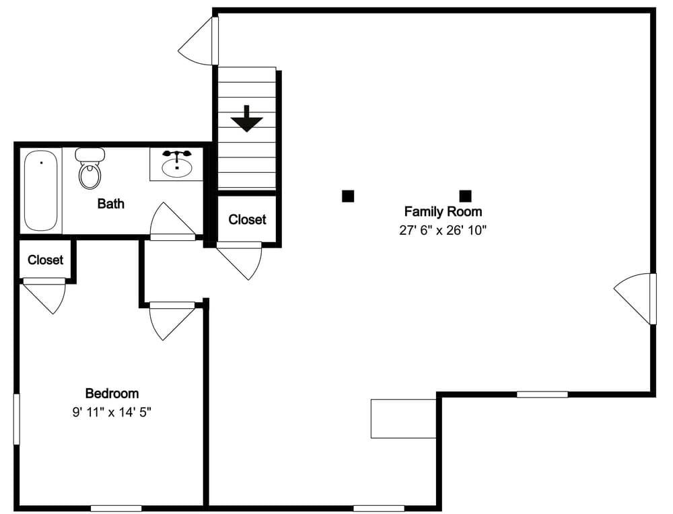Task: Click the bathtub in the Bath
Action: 42,190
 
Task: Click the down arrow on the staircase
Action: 247,119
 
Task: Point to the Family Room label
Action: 442,211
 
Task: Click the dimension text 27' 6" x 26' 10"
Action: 442,230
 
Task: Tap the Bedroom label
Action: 112,394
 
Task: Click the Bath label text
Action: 110,203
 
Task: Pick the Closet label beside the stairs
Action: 247,219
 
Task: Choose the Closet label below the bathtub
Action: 45,260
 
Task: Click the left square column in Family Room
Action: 348,196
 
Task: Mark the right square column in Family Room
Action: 465,196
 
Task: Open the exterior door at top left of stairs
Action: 199,42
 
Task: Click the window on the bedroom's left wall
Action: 17,419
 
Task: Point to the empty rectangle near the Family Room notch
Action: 403,418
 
